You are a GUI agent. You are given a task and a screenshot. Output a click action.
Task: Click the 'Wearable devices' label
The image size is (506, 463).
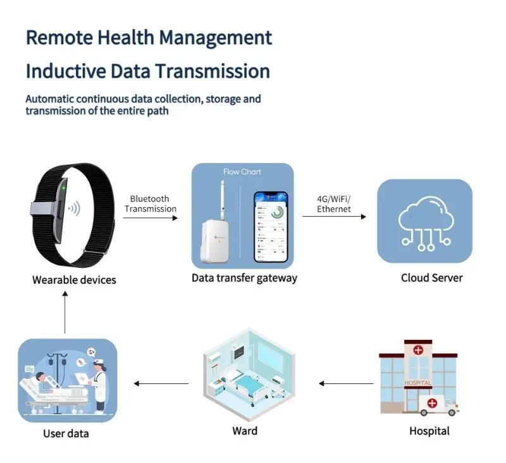[74, 279]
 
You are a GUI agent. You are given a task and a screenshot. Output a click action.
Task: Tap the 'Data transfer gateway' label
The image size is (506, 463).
[244, 278]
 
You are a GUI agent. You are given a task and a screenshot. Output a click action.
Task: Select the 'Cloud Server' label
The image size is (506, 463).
[431, 278]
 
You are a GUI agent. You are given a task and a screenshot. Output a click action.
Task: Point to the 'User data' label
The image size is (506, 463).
[66, 433]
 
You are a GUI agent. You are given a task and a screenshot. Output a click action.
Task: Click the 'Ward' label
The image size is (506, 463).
[245, 431]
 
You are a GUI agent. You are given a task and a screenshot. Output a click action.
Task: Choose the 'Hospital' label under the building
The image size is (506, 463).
[429, 431]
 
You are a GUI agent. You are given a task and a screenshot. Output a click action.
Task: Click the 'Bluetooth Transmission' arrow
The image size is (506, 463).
[151, 218]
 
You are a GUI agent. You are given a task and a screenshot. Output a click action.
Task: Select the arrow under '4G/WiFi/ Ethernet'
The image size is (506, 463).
[334, 217]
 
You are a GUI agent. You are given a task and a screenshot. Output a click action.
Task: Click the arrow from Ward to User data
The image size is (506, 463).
[161, 383]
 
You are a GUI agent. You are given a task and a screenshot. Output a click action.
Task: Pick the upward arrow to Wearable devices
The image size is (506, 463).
[65, 313]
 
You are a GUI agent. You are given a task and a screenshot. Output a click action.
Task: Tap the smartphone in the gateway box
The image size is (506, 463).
[271, 227]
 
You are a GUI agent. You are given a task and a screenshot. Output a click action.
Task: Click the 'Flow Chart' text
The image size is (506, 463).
[242, 172]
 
